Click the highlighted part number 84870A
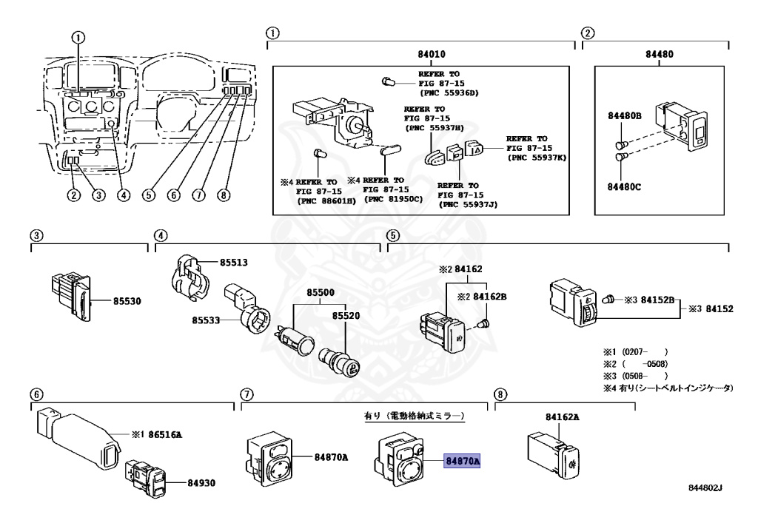point(463,460)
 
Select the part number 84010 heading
point(421,54)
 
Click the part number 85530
point(127,301)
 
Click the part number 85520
point(346,315)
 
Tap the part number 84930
point(201,482)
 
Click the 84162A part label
point(562,417)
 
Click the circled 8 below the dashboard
point(224,195)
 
